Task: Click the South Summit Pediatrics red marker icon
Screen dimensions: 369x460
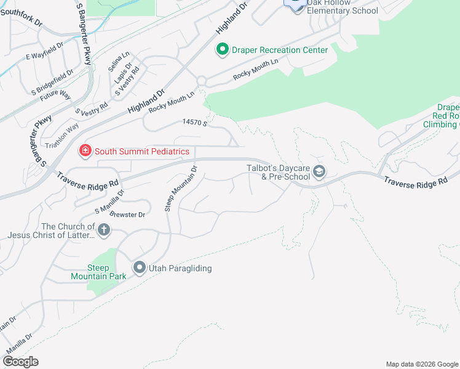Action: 84,151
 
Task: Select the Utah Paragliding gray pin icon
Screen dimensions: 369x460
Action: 140,268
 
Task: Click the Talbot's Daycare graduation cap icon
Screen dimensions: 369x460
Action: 319,172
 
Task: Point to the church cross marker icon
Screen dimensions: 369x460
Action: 104,231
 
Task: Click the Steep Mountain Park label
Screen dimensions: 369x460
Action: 106,272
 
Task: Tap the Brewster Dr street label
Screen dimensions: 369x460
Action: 129,215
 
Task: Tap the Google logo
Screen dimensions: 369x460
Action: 20,362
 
